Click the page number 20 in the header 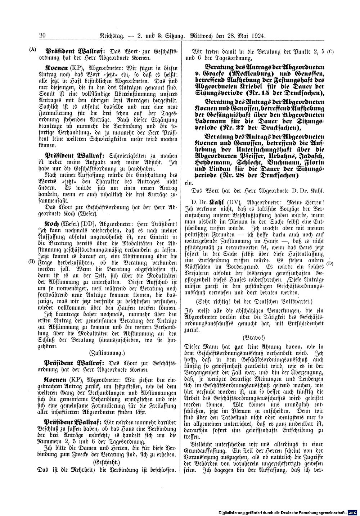click(40, 36)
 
